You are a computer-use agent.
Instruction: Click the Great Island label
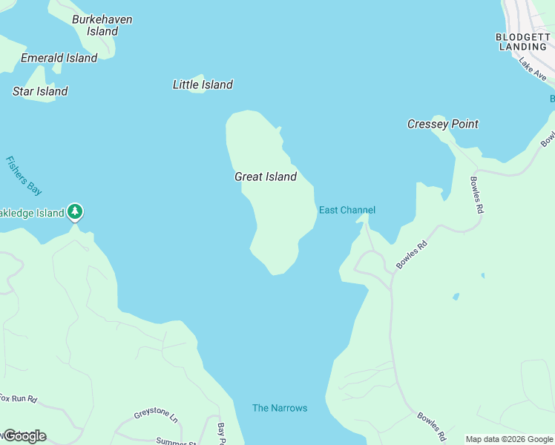click(266, 177)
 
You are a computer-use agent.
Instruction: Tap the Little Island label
click(203, 85)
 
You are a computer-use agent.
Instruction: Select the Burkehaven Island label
click(102, 25)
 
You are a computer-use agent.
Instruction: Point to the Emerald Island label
click(59, 58)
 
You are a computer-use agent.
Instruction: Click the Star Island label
click(40, 91)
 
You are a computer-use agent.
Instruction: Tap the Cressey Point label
click(443, 124)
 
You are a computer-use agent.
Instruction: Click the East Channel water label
click(347, 210)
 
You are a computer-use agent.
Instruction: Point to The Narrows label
click(280, 408)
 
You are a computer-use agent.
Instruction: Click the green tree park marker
click(74, 212)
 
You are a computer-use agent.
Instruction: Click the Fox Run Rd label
click(19, 398)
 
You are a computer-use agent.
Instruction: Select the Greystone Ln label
click(157, 415)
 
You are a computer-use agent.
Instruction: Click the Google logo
click(24, 436)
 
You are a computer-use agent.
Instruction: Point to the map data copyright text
click(509, 439)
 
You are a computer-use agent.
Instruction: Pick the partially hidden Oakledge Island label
click(33, 213)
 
